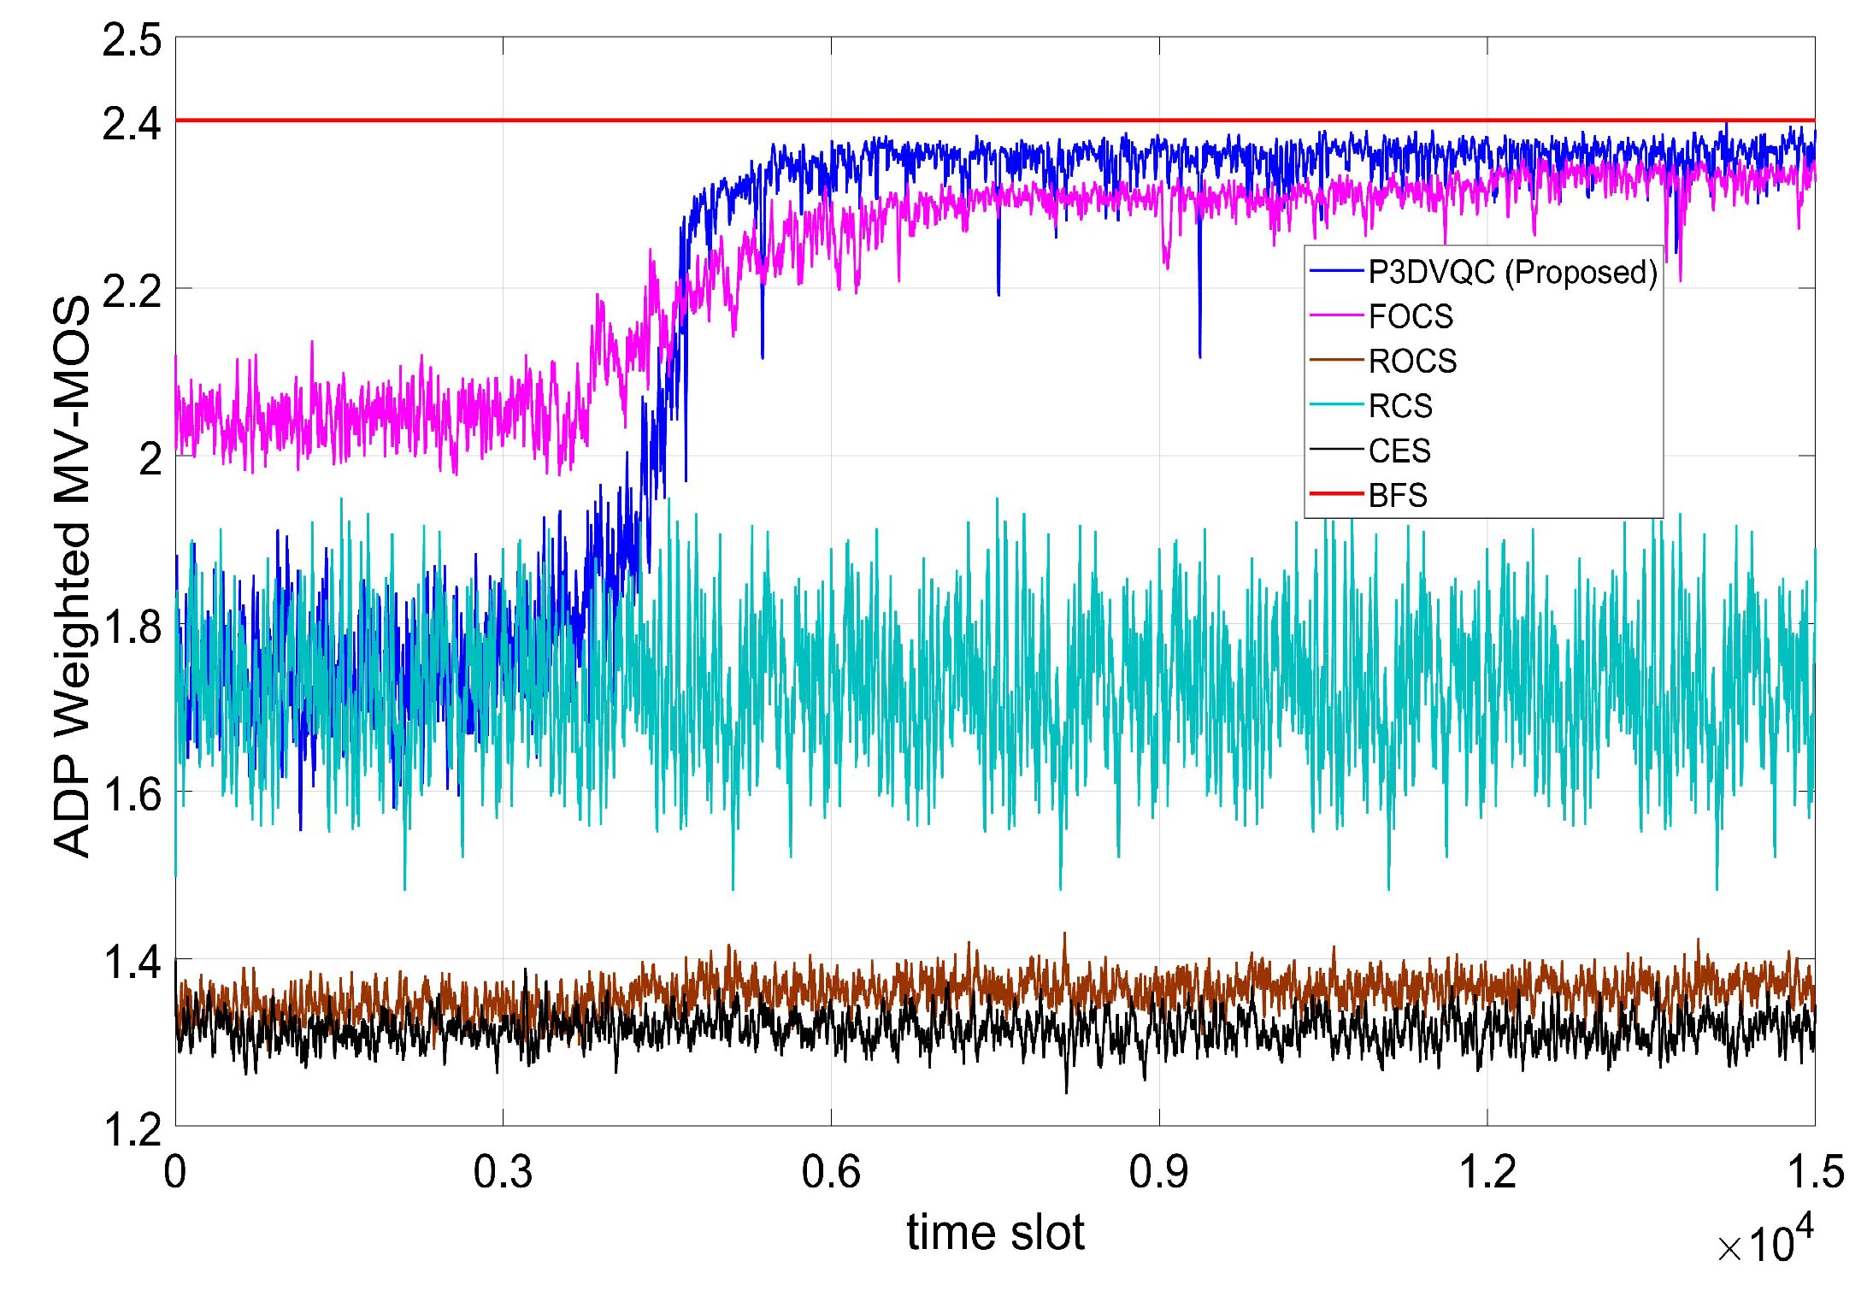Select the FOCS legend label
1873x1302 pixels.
1411,317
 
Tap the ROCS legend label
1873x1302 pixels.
1412,362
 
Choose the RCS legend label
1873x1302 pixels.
1400,406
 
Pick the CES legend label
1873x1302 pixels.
1399,451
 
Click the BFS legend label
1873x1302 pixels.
1398,495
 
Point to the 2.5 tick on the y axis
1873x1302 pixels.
132,40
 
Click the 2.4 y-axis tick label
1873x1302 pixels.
132,124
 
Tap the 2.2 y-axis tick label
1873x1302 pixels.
132,292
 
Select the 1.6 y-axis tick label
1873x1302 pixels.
132,794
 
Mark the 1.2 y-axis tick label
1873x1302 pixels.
132,1129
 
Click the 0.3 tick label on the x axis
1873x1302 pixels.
503,1172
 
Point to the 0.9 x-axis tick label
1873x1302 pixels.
1158,1172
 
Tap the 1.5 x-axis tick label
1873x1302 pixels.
1815,1172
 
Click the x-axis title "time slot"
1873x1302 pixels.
995,1233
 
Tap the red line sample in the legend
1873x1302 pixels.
1336,494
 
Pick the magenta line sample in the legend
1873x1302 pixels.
1336,316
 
